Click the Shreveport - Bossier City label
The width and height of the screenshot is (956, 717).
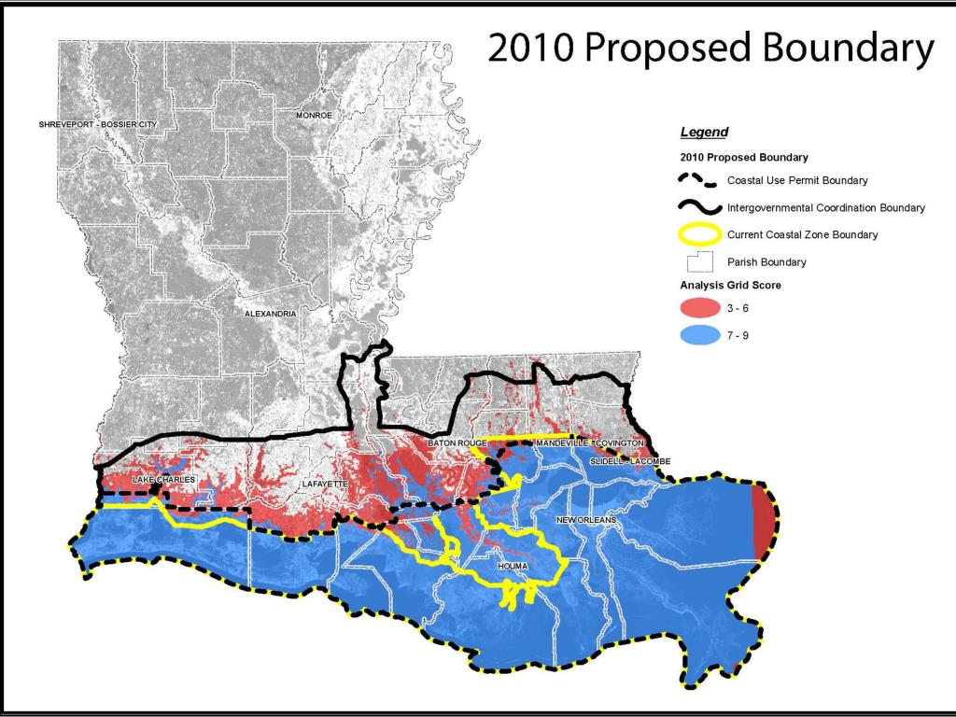click(98, 124)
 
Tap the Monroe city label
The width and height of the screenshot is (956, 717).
click(314, 115)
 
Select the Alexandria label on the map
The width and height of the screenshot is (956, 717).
click(270, 314)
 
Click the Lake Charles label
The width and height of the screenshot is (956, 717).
click(163, 480)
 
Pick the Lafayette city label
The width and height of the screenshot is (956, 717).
click(325, 485)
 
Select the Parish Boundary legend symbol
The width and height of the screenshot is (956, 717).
click(700, 262)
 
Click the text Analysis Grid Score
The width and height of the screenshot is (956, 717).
click(730, 285)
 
